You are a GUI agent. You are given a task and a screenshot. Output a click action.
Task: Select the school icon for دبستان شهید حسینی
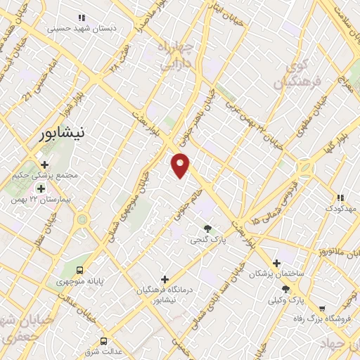pos(82,18)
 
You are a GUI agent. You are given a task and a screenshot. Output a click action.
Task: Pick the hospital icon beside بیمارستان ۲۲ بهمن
pos(41,188)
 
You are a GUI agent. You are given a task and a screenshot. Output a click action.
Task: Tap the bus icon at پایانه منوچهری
pos(79,269)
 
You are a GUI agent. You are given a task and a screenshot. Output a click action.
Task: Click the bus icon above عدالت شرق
pos(104,341)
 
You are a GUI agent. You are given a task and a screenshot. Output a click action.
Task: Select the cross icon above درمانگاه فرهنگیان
pos(165,279)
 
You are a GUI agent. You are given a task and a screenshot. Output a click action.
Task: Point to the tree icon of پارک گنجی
pos(207,228)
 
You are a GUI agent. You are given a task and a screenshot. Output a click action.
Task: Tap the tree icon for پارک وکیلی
pos(285,289)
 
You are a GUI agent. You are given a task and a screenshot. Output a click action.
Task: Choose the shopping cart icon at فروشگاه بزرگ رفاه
pos(322,308)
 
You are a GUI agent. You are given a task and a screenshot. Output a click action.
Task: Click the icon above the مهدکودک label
pos(341,198)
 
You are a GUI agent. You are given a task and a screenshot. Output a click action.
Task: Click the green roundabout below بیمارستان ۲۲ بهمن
pos(83,220)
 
